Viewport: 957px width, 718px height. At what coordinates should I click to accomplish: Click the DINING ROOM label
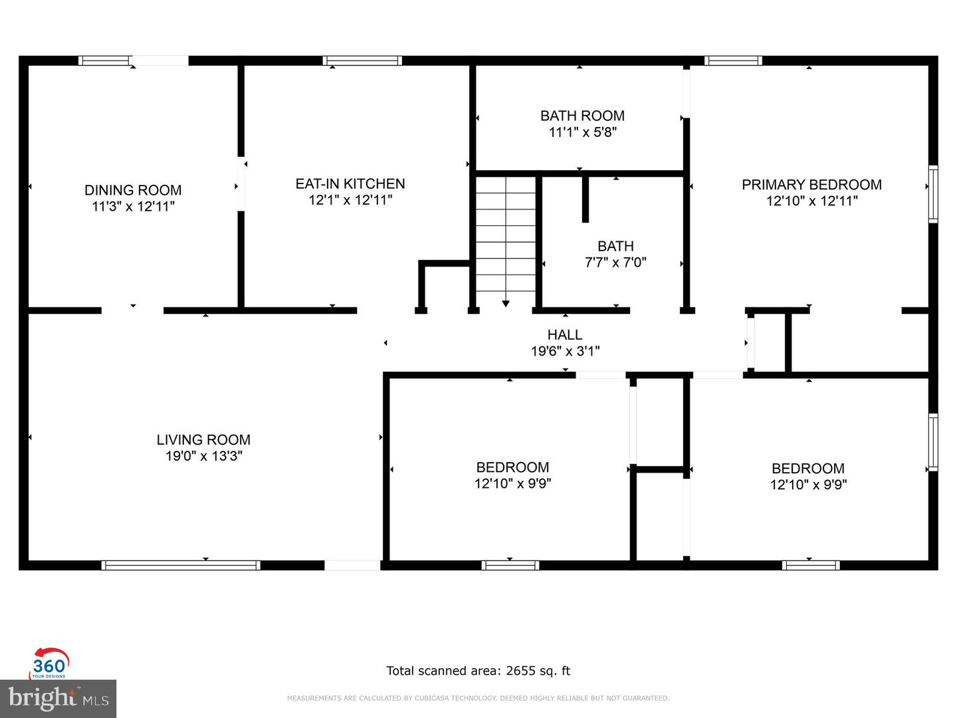(133, 190)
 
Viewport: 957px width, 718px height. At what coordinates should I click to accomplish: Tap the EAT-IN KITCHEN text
(350, 183)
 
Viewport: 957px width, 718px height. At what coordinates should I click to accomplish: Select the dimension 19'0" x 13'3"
(203, 456)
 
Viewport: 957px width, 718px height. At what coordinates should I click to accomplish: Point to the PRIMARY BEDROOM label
(811, 185)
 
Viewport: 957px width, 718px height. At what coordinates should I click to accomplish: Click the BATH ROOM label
(582, 116)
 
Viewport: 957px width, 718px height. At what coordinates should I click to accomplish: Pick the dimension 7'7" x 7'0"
(615, 263)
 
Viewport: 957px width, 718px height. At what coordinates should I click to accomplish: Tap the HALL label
(565, 334)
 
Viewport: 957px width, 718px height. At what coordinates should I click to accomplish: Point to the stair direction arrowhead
(506, 304)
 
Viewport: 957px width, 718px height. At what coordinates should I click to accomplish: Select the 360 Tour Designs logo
(50, 663)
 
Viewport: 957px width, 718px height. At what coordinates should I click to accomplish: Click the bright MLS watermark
(58, 699)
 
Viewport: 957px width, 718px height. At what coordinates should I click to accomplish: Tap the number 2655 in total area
(520, 671)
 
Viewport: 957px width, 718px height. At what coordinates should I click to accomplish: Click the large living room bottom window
(180, 565)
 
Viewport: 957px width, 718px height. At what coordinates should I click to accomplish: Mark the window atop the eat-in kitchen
(362, 60)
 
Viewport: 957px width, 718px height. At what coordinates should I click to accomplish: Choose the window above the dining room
(104, 60)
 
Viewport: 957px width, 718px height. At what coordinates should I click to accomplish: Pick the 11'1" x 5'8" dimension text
(582, 132)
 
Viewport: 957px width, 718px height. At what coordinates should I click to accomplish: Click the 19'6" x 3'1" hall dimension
(565, 351)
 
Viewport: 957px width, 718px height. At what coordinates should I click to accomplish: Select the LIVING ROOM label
(203, 439)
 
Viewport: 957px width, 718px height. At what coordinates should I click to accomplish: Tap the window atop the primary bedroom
(733, 60)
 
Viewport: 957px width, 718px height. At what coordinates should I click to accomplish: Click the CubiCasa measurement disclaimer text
(478, 698)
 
